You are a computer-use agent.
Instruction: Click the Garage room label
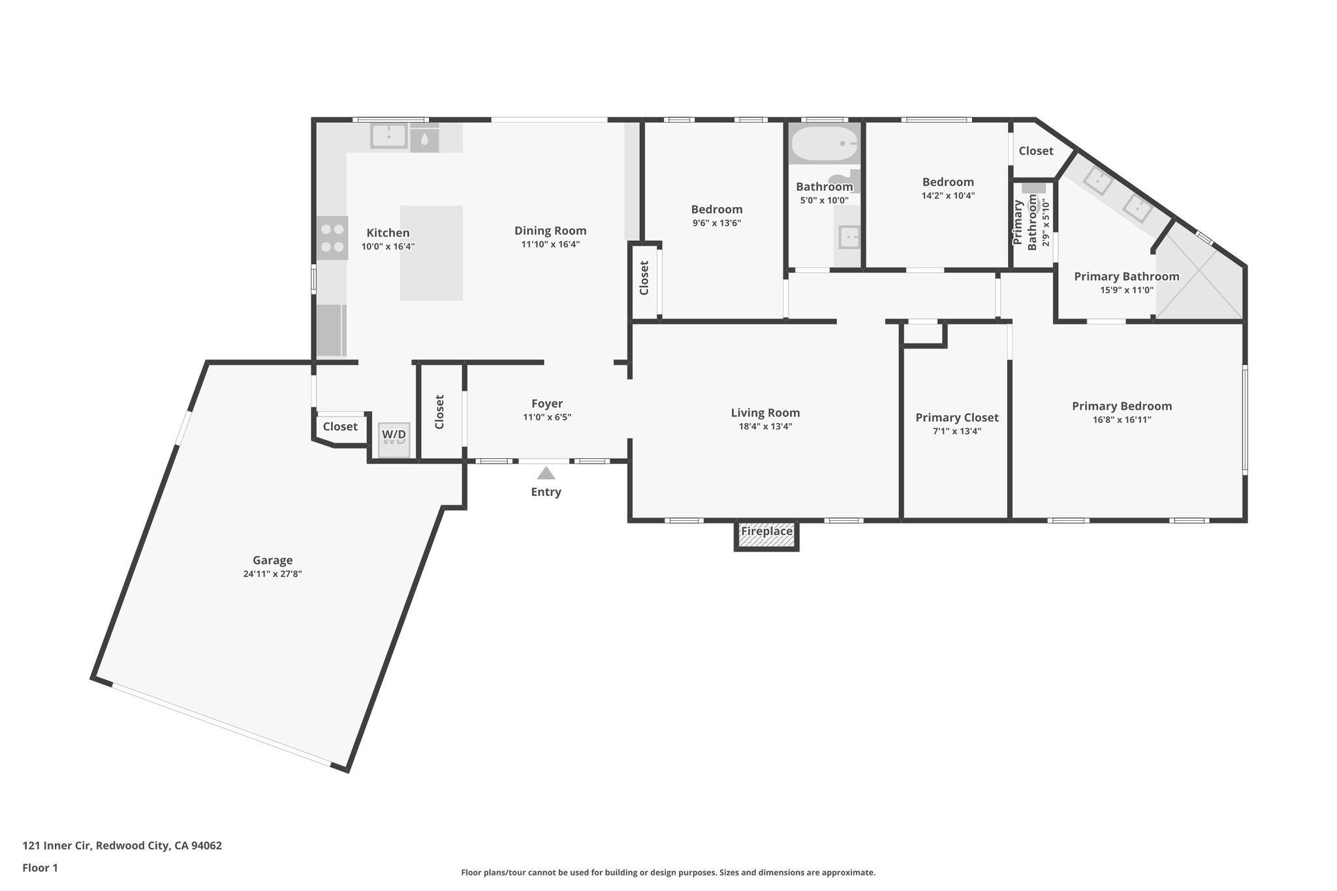[x=272, y=560]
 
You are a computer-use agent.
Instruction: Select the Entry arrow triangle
[x=546, y=473]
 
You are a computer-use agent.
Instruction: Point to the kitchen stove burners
[x=332, y=238]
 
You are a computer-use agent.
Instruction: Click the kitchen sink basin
[x=388, y=136]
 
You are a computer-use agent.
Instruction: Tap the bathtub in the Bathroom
[x=823, y=144]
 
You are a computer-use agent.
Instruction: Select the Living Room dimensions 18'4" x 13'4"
[x=764, y=426]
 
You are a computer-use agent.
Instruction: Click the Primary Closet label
[x=956, y=418]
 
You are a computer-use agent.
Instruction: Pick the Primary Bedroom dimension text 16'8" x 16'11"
[x=1122, y=420]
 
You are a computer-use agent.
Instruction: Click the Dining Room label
[x=550, y=230]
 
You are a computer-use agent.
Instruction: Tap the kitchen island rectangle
[x=431, y=253]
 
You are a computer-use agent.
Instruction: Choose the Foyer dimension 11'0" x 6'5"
[x=546, y=417]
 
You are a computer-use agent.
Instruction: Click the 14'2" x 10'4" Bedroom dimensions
[x=948, y=195]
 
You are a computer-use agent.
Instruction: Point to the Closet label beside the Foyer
[x=439, y=412]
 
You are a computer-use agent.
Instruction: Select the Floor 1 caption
[x=40, y=868]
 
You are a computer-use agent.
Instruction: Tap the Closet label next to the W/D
[x=340, y=427]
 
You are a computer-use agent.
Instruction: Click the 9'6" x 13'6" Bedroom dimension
[x=717, y=223]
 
